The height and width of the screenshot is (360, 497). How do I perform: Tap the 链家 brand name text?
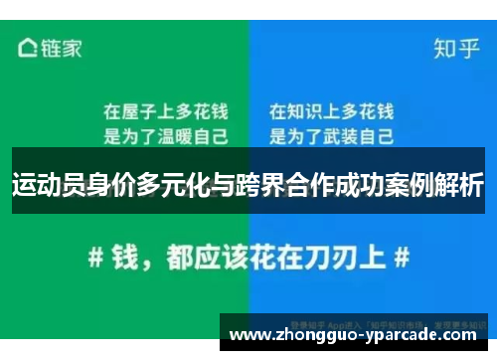click(x=61, y=47)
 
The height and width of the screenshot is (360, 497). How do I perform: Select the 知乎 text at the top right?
click(x=452, y=47)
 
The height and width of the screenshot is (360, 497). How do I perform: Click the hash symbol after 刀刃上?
click(x=402, y=257)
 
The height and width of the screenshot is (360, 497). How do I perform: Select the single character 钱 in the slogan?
click(x=126, y=257)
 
